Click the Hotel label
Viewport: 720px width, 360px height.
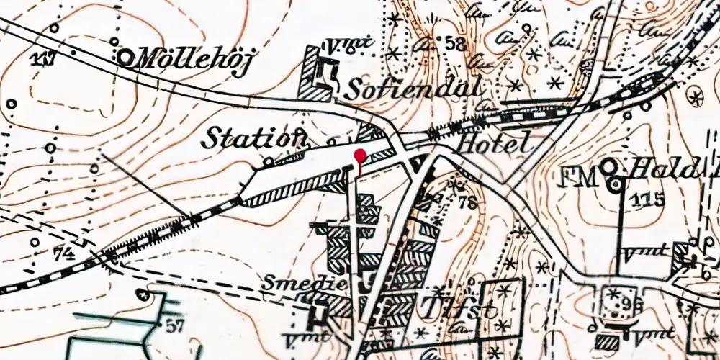[x=497, y=143]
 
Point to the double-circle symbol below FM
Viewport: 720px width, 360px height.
[x=615, y=184]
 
